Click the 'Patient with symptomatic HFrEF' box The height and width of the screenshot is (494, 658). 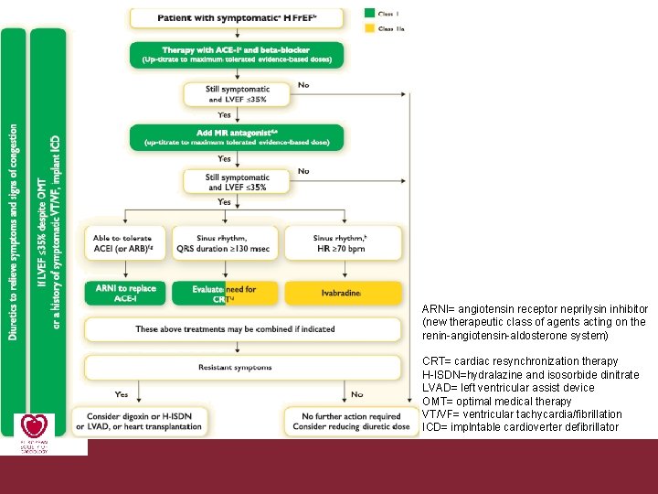click(237, 17)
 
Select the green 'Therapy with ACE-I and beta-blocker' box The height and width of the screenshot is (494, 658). click(237, 54)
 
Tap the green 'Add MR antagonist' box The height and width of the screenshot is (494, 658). click(237, 137)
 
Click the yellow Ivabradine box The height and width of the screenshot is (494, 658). click(344, 293)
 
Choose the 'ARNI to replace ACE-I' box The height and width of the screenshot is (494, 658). click(125, 293)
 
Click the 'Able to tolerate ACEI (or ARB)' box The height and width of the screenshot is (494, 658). click(125, 242)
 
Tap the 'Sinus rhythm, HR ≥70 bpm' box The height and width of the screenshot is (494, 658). click(344, 242)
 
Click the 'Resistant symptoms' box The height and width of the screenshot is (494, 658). click(241, 368)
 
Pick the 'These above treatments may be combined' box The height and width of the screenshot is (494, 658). click(241, 328)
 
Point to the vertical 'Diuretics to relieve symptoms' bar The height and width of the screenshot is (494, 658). click(14, 233)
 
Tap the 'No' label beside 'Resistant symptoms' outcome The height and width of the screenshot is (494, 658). click(356, 394)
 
